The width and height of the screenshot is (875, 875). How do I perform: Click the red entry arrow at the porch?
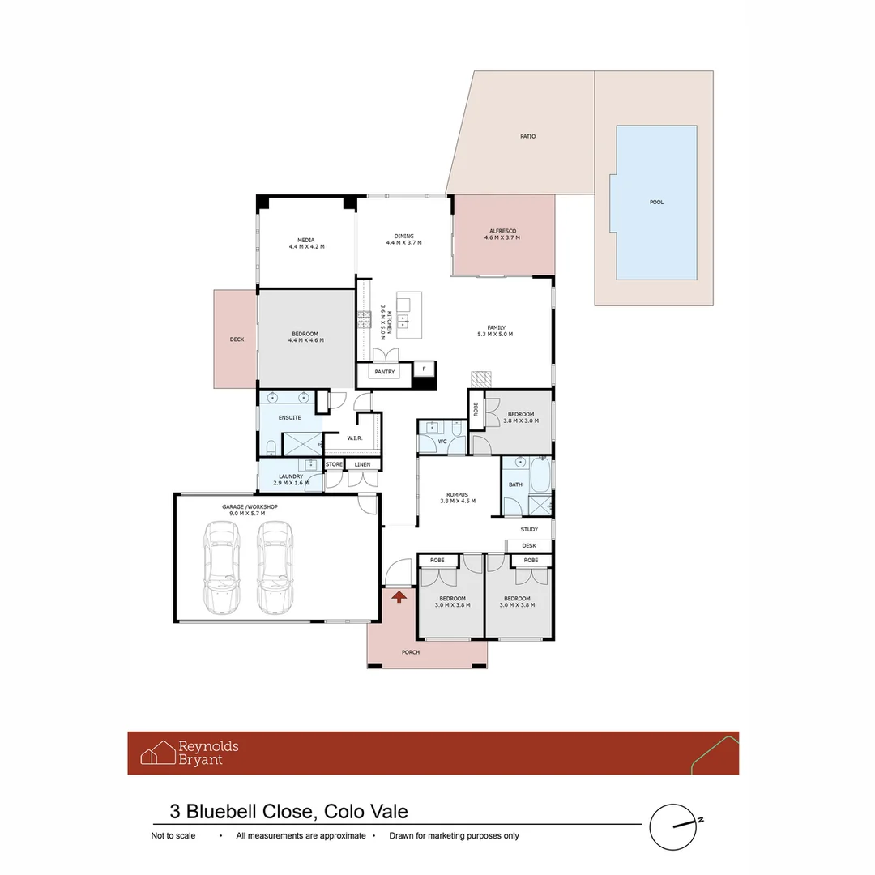(399, 597)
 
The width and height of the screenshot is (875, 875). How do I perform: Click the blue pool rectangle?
(655, 201)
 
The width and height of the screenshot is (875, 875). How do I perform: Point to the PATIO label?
(527, 136)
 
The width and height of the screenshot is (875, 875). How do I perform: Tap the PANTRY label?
(383, 372)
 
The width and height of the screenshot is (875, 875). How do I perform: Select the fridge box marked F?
(423, 369)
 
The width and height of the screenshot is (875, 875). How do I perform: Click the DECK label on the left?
(237, 339)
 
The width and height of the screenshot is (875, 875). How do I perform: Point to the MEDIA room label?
(305, 240)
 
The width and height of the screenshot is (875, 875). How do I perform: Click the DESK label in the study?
(529, 545)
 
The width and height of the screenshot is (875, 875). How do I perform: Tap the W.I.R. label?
(354, 437)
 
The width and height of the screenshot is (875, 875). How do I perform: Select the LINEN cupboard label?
(362, 464)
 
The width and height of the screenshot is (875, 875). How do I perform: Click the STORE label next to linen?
(334, 464)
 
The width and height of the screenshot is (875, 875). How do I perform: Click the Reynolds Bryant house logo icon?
(158, 753)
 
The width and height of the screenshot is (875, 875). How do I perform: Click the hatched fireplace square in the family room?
(482, 378)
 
